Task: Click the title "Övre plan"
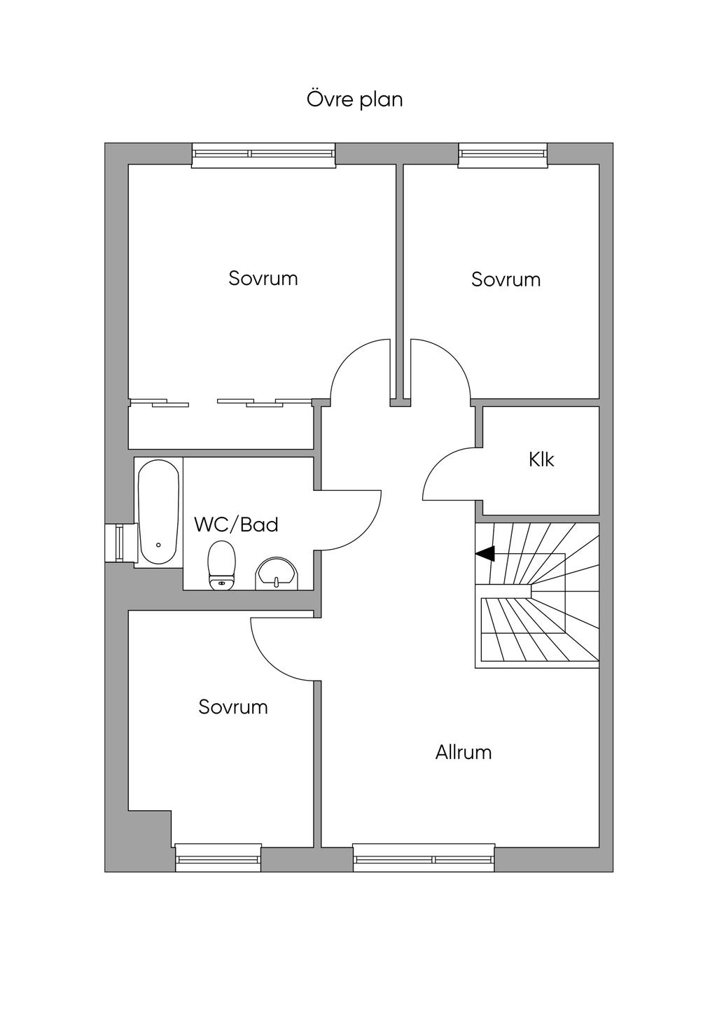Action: tap(355, 99)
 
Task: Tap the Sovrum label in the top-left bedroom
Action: tap(263, 279)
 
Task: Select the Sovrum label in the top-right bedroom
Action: tap(506, 280)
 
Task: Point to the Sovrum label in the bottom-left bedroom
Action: tap(233, 707)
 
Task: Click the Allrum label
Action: tap(464, 753)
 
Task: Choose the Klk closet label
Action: tap(541, 460)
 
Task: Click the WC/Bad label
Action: tap(236, 525)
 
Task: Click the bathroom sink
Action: tap(277, 574)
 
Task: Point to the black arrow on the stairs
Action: tap(485, 553)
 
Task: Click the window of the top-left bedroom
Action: tap(263, 155)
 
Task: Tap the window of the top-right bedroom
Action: tap(502, 155)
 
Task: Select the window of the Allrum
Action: tap(424, 859)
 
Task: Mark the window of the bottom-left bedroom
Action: tap(218, 859)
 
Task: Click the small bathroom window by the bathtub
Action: tap(116, 543)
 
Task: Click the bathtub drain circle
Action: tap(158, 545)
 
